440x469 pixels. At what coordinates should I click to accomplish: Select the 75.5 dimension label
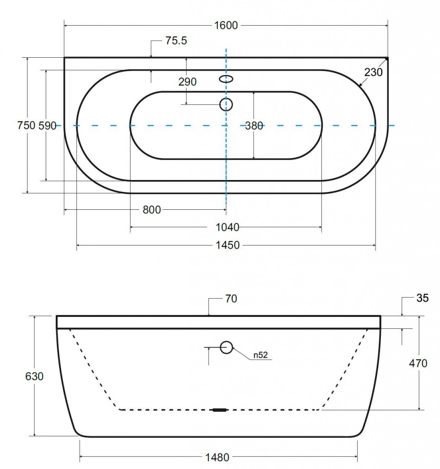176,41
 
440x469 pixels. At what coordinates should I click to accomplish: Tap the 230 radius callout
374,72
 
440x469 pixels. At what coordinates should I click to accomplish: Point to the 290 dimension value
187,82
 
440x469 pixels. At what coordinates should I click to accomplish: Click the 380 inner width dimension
254,125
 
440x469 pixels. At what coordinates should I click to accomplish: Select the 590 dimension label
47,125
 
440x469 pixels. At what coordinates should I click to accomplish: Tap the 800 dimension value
152,210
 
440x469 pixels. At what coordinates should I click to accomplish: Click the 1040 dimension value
227,227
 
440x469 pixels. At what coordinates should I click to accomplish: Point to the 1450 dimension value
227,245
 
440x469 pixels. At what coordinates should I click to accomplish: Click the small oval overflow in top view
226,79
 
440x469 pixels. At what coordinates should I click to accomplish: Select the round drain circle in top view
226,105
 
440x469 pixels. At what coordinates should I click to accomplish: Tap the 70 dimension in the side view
231,299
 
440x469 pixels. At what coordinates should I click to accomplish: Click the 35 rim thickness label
423,299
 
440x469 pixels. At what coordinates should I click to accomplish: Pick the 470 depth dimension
418,363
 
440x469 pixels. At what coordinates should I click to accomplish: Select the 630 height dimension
35,376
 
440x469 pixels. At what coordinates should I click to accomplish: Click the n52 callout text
260,355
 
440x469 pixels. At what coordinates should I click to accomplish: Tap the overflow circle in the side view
226,348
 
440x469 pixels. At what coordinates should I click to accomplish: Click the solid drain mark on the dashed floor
220,410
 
